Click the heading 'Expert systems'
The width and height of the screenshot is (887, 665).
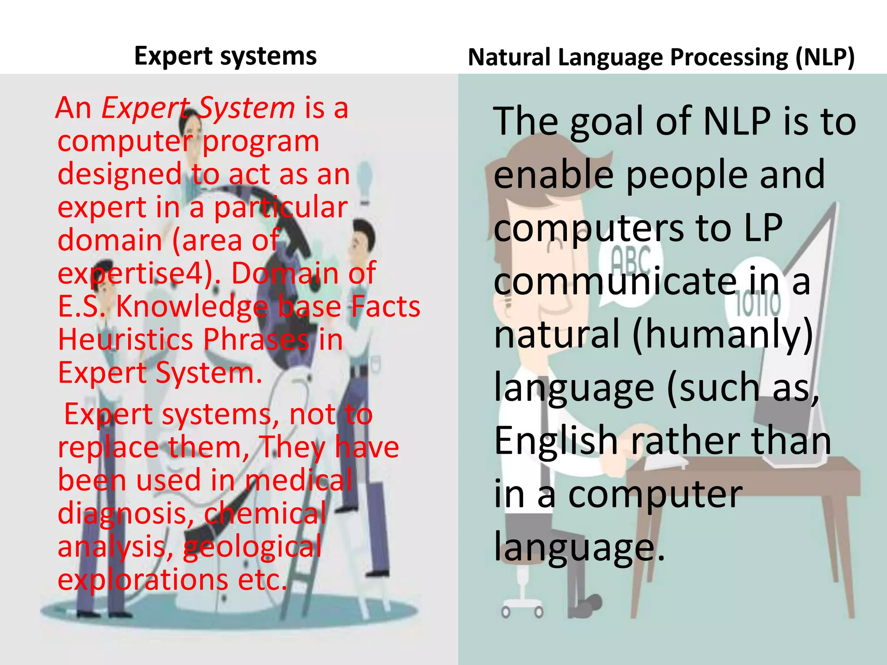(225, 56)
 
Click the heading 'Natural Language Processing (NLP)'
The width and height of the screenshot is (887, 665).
(661, 58)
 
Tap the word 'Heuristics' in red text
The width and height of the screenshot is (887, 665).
(126, 339)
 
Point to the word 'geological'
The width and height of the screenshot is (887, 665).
(252, 546)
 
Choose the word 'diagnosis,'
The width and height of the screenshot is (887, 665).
(126, 513)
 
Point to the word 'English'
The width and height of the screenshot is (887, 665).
(556, 441)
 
